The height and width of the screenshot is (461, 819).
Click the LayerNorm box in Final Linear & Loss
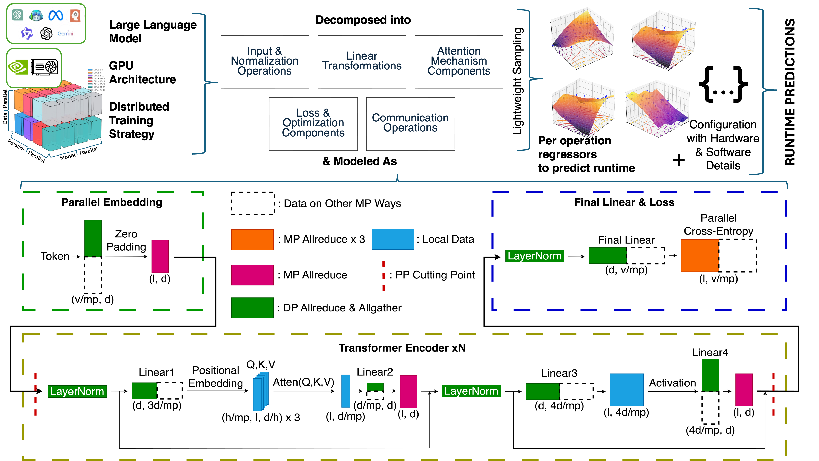click(x=534, y=256)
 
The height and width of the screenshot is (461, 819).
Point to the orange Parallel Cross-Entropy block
click(x=699, y=255)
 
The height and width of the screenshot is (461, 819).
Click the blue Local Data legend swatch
click(x=393, y=239)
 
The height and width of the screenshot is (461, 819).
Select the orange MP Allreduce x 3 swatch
click(x=252, y=240)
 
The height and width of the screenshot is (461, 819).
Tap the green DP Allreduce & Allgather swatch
click(x=252, y=308)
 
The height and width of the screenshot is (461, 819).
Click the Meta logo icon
click(x=56, y=15)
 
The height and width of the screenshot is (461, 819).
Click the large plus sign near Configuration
click(x=679, y=160)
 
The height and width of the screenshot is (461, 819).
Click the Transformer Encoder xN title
click(x=402, y=348)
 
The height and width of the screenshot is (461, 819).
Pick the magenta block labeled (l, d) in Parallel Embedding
click(x=160, y=256)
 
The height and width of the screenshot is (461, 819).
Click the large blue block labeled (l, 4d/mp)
click(x=626, y=390)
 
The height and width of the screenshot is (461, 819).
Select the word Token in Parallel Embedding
click(x=55, y=256)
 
